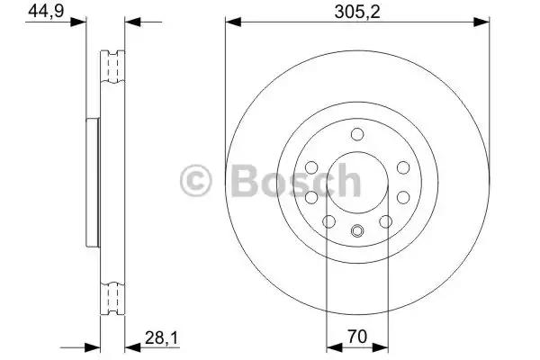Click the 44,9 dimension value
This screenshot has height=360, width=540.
point(46,11)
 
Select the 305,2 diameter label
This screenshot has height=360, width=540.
point(357,13)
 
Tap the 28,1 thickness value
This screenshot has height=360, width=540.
point(161,338)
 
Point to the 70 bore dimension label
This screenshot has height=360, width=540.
point(357,337)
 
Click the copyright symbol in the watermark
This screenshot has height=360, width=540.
point(195,181)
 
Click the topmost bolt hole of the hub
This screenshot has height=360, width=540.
point(357,134)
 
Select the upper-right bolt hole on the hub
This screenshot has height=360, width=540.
point(403,167)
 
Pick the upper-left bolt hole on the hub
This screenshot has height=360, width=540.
point(311,167)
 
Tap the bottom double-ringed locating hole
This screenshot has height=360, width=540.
point(357,230)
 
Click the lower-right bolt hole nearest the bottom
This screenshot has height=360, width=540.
point(385,221)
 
